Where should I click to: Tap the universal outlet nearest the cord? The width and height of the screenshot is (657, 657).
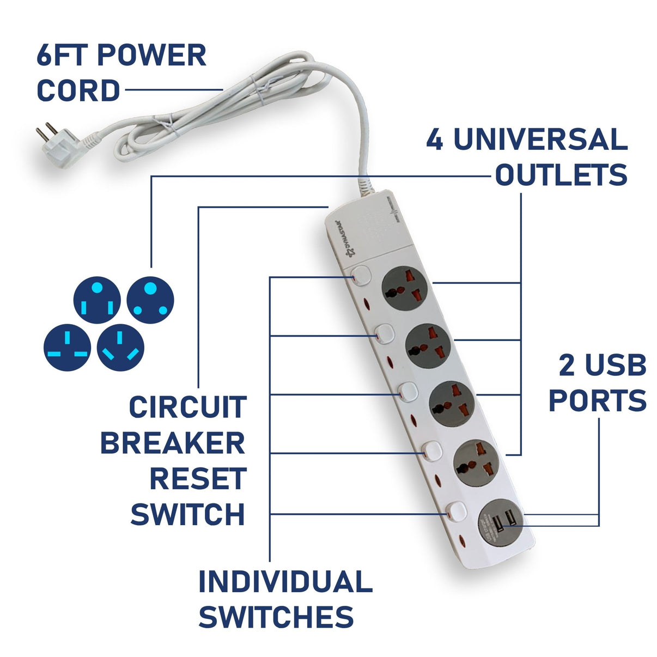pos(404,289)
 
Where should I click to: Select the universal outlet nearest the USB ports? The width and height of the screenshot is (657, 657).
pos(476,461)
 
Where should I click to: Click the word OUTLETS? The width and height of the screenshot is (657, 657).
pos(561,175)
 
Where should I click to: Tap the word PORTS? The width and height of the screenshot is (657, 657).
pos(597,401)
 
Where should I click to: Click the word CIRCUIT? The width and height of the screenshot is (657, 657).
pos(187,407)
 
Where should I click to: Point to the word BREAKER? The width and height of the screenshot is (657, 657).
pos(173,443)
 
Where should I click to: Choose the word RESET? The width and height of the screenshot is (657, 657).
pos(197,479)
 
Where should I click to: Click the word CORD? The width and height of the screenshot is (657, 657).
pos(78,91)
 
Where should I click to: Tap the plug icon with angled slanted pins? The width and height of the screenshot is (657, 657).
pos(120,348)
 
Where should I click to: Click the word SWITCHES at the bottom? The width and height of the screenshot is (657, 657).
pos(276,617)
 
